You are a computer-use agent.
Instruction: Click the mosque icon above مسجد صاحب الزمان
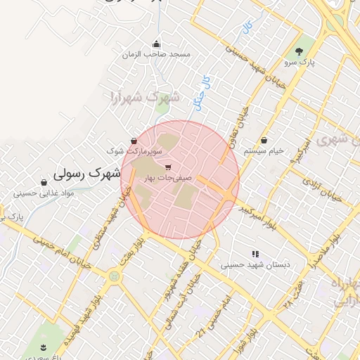pos(156,44)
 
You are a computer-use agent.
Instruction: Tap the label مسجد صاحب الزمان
pos(156,54)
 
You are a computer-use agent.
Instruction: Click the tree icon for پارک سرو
pos(300,51)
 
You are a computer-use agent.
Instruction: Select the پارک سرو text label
pos(300,63)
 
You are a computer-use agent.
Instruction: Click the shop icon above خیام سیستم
pos(264,141)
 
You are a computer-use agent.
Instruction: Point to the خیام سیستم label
pos(264,151)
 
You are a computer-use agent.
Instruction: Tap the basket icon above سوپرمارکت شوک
pos(134,141)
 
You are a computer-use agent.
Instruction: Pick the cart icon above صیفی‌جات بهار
pos(167,167)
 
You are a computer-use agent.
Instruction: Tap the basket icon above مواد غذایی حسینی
pos(44,182)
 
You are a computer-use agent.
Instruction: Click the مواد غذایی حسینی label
pos(44,193)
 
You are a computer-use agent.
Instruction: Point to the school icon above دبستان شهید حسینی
pos(255,254)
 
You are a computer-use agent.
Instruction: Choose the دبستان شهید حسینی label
pos(255,265)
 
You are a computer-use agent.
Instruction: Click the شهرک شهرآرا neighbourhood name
pos(145,96)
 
